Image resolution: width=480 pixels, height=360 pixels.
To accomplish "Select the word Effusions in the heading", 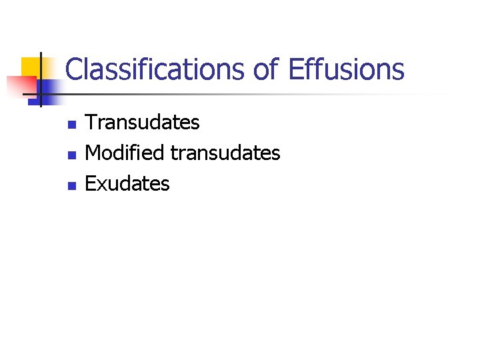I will [347, 69].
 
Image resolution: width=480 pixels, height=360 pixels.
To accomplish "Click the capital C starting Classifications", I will [73, 69].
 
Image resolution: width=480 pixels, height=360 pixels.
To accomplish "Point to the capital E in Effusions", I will [295, 69].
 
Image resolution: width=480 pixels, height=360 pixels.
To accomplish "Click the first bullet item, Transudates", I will [143, 123].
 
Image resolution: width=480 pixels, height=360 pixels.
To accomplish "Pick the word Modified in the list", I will [125, 153].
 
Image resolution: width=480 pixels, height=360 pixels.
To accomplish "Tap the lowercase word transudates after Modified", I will [225, 153].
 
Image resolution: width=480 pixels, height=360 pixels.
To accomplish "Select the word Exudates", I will [128, 184].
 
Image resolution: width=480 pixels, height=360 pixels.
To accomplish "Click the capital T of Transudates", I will [92, 123].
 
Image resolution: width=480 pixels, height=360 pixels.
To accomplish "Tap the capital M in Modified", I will [94, 153].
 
